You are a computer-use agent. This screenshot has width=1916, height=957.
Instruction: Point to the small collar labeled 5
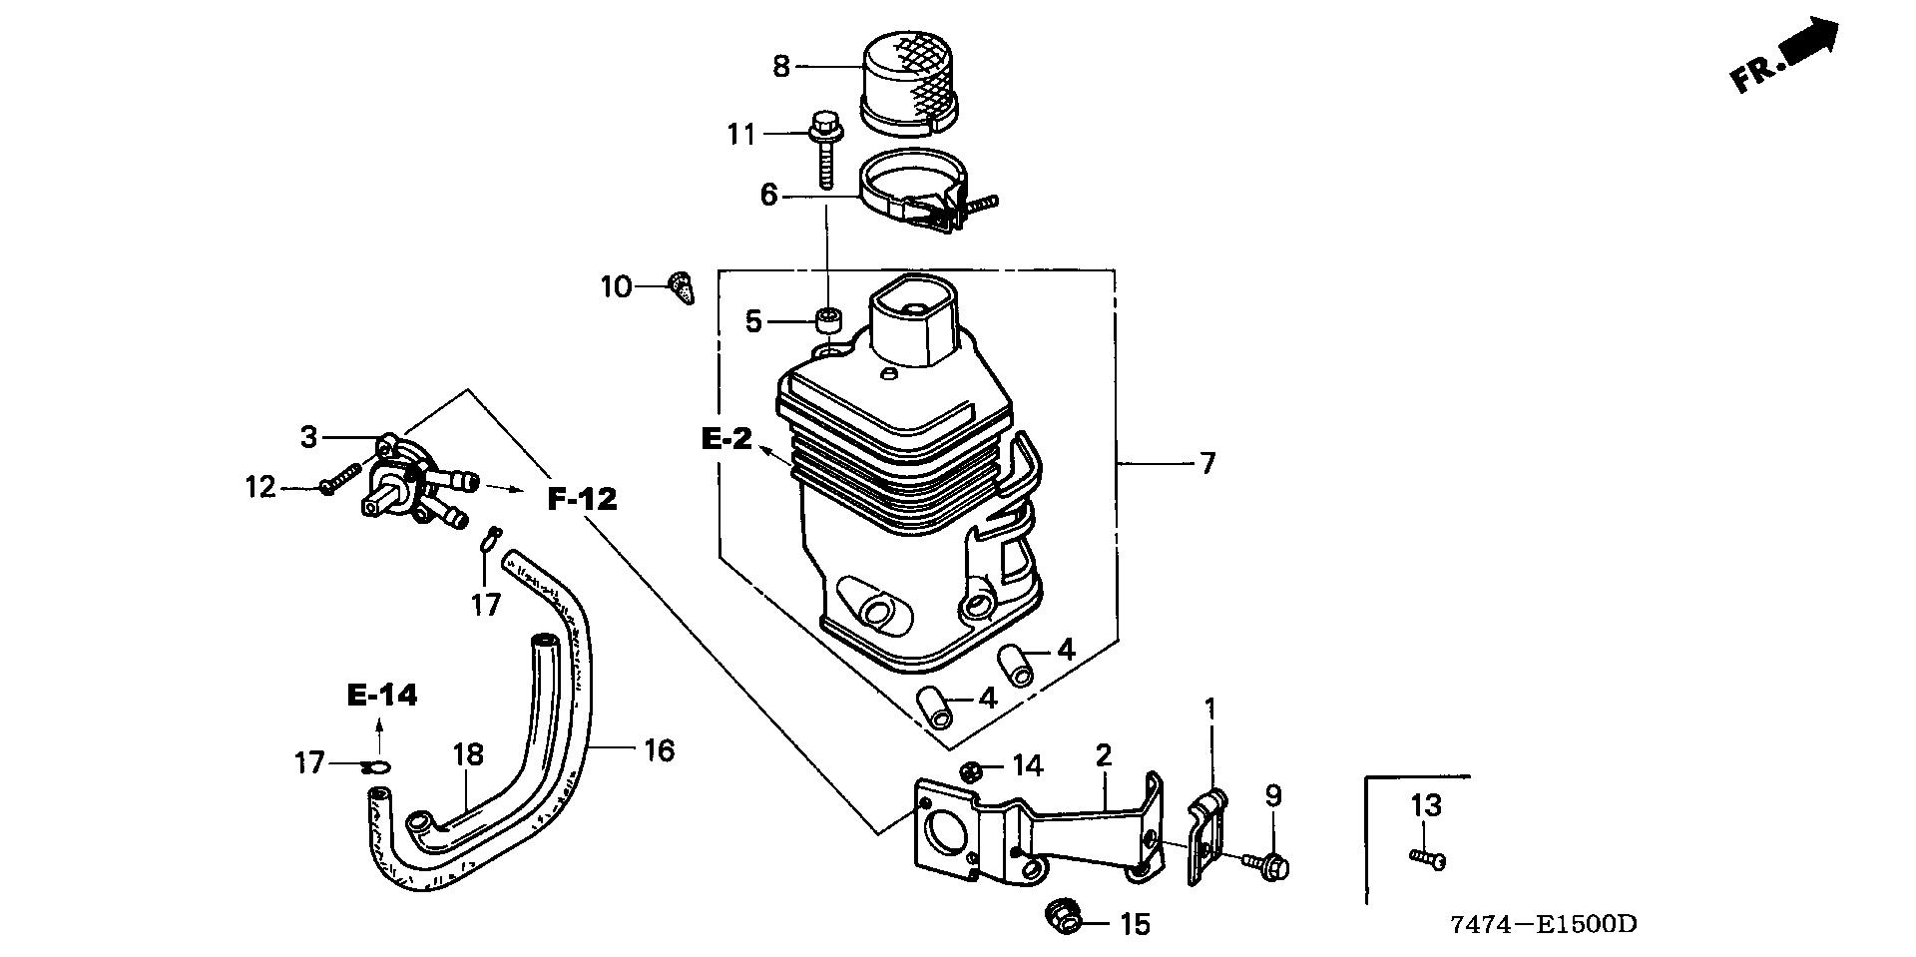[x=827, y=321]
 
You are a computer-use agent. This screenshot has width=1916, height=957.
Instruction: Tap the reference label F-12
[x=583, y=498]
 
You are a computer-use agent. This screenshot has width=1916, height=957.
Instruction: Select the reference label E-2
[x=725, y=438]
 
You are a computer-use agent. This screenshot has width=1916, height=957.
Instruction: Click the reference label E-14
[x=382, y=696]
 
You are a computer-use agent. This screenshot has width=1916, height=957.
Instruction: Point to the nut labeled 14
[x=970, y=770]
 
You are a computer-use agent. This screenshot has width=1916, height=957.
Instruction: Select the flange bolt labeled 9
[x=1268, y=864]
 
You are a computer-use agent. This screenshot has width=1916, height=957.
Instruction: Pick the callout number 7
[x=1207, y=463]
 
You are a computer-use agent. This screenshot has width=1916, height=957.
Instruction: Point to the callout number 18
[x=468, y=754]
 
